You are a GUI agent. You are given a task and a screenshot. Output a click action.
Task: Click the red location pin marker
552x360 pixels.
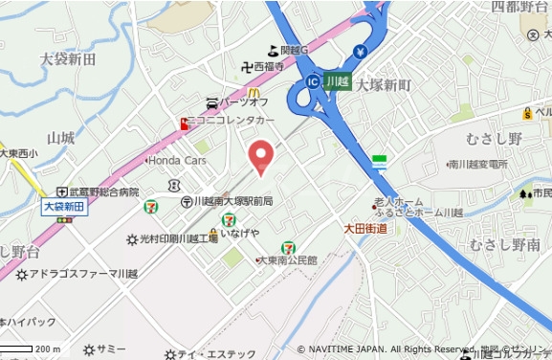(x=261, y=156)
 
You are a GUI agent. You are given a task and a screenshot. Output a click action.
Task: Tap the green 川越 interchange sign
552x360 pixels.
(x=337, y=81)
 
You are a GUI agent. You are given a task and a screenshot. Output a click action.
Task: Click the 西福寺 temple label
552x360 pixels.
(x=276, y=68)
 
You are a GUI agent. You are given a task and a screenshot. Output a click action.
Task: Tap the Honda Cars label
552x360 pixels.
(x=176, y=160)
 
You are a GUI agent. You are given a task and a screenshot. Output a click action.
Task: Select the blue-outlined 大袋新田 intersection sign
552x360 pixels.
(x=65, y=206)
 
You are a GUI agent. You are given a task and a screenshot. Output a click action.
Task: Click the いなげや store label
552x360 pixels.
(x=239, y=233)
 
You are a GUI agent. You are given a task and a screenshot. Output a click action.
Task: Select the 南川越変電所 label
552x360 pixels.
(x=477, y=165)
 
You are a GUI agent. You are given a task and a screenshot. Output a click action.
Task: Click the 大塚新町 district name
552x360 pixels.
(x=383, y=85)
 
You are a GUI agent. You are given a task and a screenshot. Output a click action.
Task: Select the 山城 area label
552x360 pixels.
(x=60, y=139)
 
